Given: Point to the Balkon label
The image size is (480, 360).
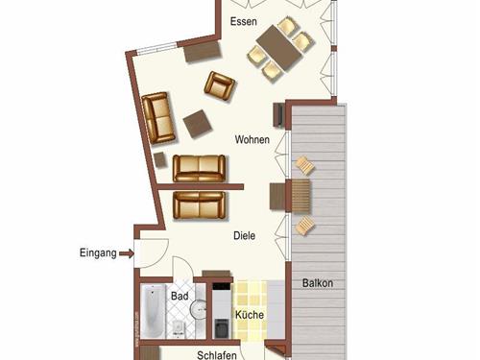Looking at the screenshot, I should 318,283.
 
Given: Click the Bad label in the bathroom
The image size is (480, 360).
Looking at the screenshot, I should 180,297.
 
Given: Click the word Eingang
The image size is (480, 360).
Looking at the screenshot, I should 98,253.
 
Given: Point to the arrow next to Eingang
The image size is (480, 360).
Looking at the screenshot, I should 126,253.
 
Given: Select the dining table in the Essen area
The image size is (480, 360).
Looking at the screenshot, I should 281,44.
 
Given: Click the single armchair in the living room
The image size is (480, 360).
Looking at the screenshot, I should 219,86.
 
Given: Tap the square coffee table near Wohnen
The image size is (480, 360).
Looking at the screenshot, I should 199,122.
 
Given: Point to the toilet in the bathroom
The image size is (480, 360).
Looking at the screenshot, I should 180,328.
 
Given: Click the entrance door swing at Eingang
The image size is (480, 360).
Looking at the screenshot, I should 151,252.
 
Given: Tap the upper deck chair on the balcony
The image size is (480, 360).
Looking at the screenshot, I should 303,165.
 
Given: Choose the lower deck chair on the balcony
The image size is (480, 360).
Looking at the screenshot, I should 304,226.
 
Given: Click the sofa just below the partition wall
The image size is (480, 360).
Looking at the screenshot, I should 198,204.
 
